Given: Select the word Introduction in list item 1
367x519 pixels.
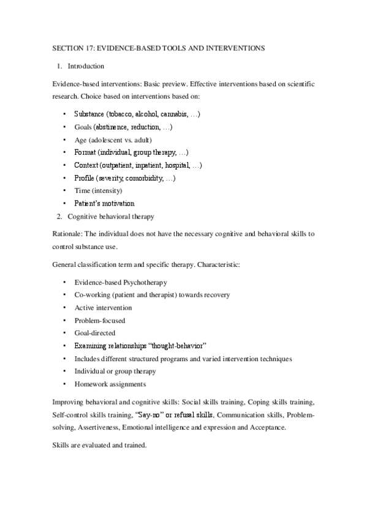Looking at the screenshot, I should pyautogui.click(x=86, y=66).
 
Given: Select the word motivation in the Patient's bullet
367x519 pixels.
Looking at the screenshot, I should pyautogui.click(x=116, y=203).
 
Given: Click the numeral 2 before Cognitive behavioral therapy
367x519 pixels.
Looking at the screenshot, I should pyautogui.click(x=58, y=216).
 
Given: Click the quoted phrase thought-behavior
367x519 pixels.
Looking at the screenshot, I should pyautogui.click(x=176, y=346).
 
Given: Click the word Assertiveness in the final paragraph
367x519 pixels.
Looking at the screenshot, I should pyautogui.click(x=84, y=426).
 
